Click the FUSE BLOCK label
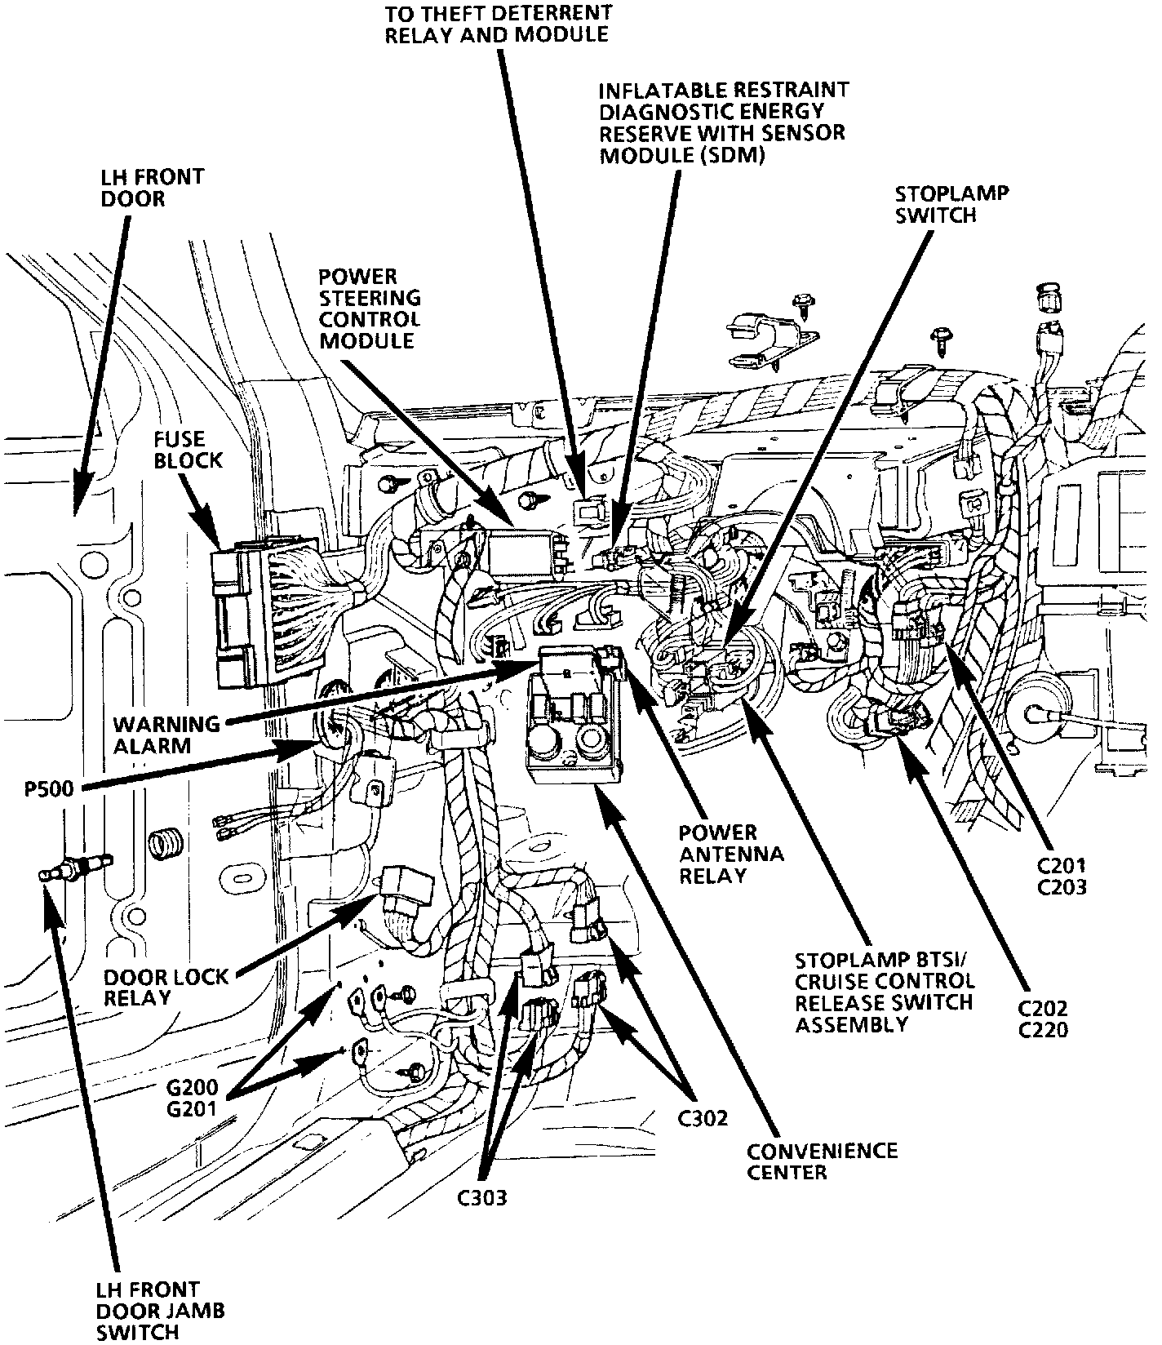[x=188, y=450]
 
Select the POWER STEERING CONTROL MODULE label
[x=370, y=309]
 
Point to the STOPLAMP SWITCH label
[x=951, y=204]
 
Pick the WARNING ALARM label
[x=155, y=735]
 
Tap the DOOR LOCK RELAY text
[x=166, y=987]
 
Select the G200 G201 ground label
[x=193, y=1098]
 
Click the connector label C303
[x=481, y=1198]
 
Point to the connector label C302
[x=703, y=1118]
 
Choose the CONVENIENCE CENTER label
[x=822, y=1161]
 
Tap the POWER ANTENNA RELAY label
[x=731, y=854]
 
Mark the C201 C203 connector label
[x=1062, y=876]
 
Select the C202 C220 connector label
[x=1043, y=1019]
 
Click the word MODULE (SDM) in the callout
[x=682, y=155]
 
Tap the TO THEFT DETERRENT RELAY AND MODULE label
[x=498, y=24]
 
